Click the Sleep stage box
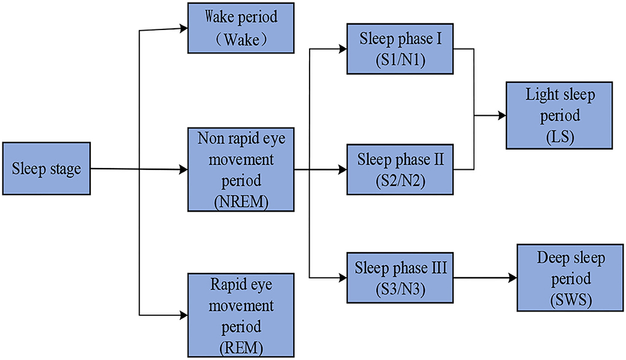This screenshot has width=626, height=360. (47, 169)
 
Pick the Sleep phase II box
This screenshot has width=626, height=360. (399, 169)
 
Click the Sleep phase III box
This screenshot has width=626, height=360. (399, 277)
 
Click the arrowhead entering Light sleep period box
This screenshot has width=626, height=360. (502, 115)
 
